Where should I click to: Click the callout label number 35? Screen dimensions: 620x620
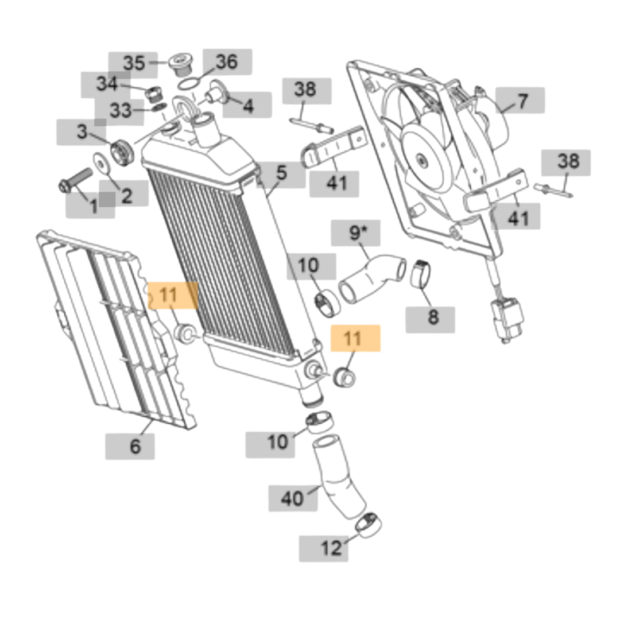(134, 63)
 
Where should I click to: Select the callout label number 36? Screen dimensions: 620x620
(226, 61)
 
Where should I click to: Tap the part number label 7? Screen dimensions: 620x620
(521, 101)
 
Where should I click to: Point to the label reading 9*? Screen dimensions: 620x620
(356, 232)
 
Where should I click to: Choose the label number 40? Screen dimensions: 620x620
(293, 498)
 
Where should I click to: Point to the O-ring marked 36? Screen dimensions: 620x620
(188, 84)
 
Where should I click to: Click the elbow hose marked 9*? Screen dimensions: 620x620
(370, 277)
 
